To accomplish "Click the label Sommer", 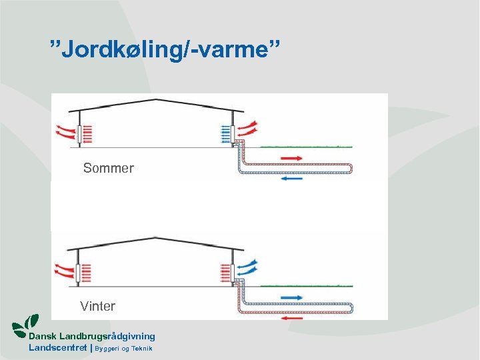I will (108, 169).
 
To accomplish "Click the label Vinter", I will (97, 307).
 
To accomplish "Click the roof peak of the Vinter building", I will (155, 238).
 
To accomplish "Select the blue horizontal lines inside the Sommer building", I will (223, 135).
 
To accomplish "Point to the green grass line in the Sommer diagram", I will (307, 146).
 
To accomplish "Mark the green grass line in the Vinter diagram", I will (307, 285).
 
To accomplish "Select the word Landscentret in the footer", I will (57, 348).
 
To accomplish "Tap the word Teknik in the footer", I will (141, 349).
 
